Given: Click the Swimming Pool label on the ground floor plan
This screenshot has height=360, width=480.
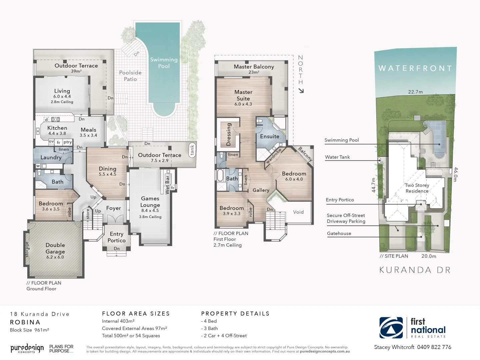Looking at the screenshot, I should click(164, 63).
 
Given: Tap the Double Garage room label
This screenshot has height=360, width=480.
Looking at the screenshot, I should click(55, 248).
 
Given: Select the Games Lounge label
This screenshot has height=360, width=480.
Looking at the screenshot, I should click(150, 202).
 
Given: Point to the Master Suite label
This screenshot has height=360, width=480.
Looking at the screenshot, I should click(243, 95).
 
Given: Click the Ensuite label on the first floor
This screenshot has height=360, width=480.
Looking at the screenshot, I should click(270, 136).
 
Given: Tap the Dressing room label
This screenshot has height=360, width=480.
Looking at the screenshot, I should click(229, 134).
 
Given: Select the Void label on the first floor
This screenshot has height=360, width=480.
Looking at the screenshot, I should click(298, 212).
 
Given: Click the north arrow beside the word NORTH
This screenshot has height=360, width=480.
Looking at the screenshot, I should click(301, 91).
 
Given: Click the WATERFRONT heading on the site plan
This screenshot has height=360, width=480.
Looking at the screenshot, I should click(415, 68).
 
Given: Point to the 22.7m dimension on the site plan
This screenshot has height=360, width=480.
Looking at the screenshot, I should click(415, 92).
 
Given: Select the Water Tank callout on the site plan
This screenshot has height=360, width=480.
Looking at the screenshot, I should click(337, 157).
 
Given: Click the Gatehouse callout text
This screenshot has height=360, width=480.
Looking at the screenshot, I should click(339, 233).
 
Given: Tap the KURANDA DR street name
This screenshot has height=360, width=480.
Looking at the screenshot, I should click(415, 270).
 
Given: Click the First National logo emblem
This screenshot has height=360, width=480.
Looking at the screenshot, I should click(391, 328).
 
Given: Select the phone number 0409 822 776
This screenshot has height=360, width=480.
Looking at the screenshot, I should click(434, 347).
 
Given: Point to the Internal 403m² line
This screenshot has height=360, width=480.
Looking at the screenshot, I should click(118, 321).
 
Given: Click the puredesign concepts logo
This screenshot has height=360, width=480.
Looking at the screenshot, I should click(27, 348).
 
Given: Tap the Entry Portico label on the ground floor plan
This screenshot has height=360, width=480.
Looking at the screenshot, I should click(116, 237).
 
